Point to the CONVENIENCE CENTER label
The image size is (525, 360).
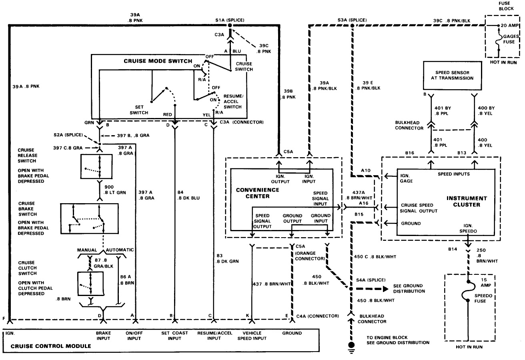click(252, 192)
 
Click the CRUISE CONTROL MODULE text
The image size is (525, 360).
click(51, 346)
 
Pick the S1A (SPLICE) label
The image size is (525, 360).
click(229, 20)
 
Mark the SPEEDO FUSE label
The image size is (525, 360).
click(482, 298)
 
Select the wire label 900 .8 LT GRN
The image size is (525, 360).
click(115, 190)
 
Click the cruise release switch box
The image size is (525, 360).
click(100, 166)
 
